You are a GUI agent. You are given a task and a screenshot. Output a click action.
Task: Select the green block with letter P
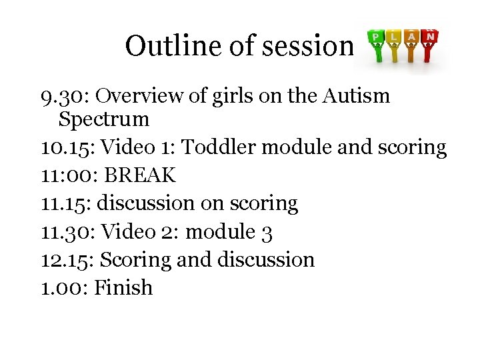pos(377,36)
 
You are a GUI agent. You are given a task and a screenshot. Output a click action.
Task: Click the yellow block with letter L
pos(395,37)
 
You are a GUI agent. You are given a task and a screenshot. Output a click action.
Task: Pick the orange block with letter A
pos(413,36)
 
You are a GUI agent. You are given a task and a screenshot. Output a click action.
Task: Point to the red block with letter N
pos(431,35)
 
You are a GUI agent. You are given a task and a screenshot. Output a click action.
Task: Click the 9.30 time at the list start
pos(64,97)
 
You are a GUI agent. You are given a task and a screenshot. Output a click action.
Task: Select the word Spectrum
pos(103,120)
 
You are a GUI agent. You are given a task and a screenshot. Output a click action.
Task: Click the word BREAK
pos(140,175)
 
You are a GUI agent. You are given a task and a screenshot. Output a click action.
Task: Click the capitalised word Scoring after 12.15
pos(143,259)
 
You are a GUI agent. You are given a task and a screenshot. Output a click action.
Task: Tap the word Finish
pos(123,287)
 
